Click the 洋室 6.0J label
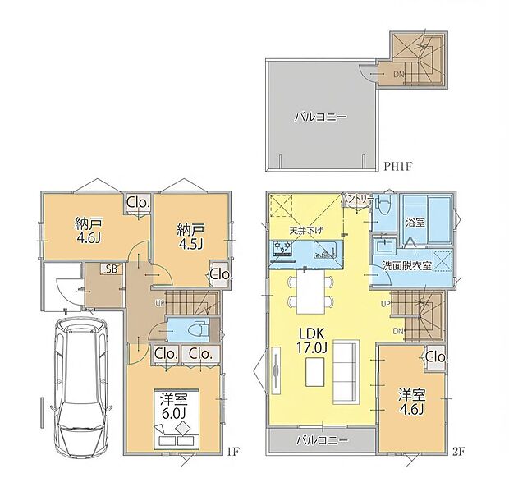(x=173, y=407)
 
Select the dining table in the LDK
(x=309, y=290)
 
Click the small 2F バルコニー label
(x=322, y=440)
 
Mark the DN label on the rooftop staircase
(x=398, y=75)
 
